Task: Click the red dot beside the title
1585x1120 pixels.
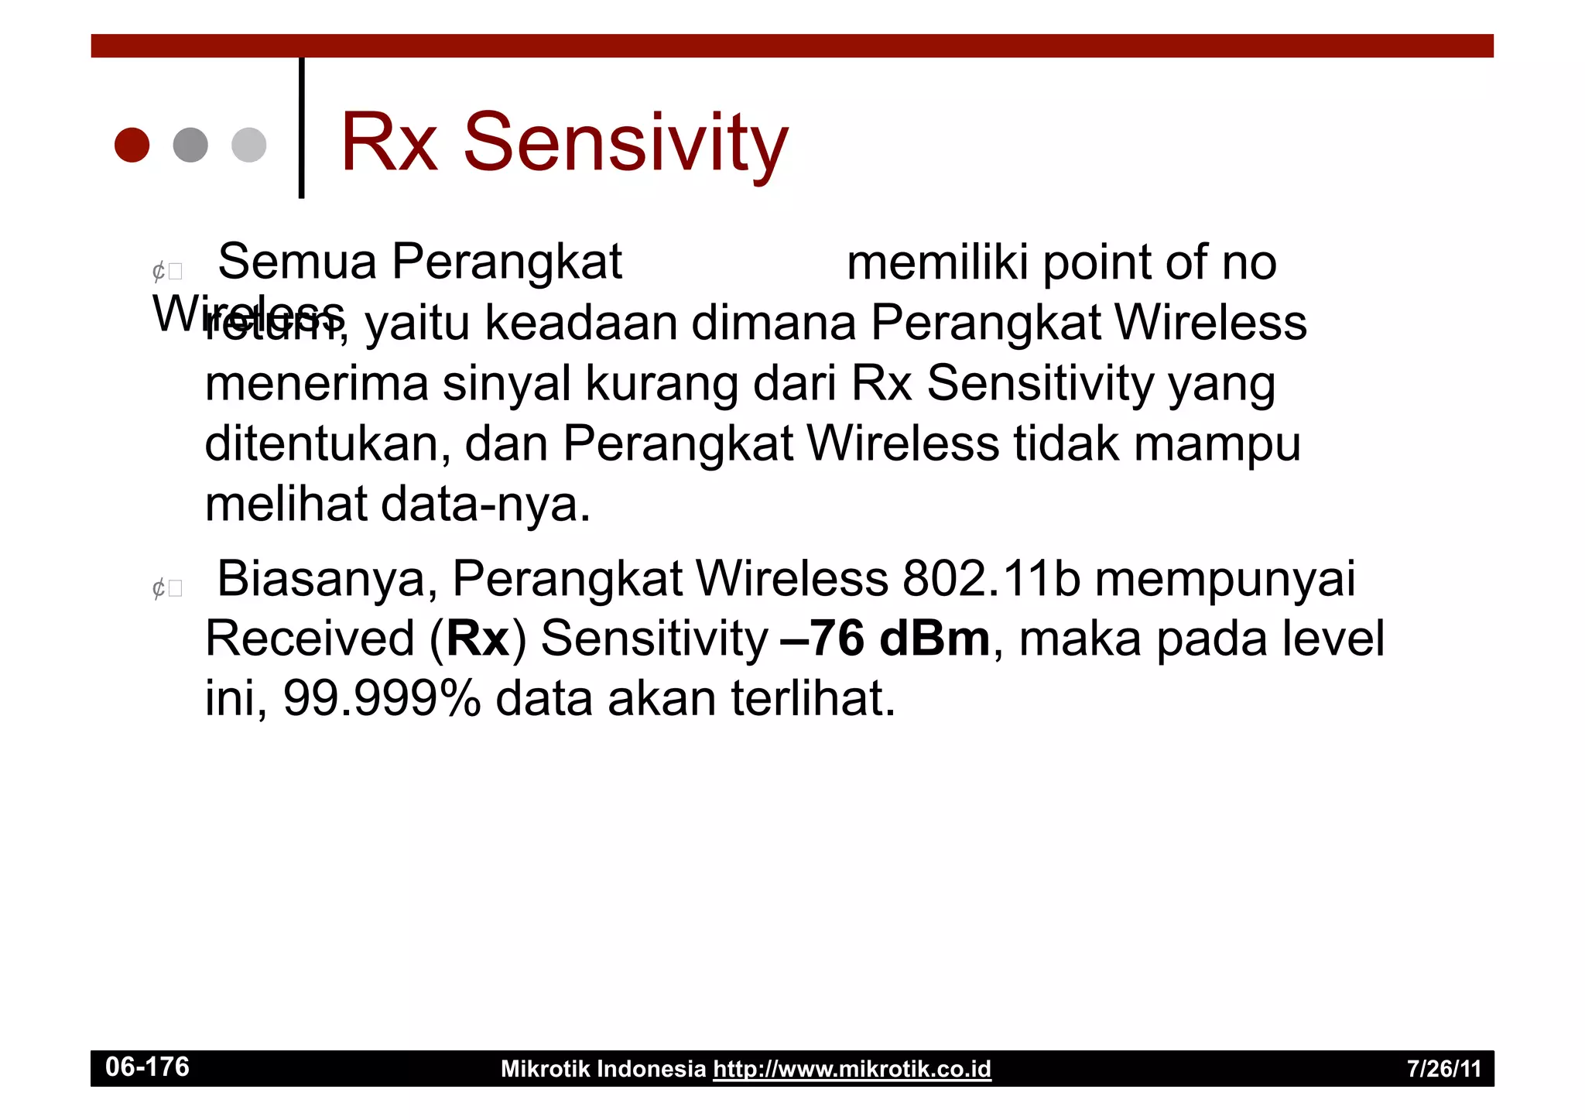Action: (x=132, y=145)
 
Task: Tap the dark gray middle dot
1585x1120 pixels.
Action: (x=190, y=145)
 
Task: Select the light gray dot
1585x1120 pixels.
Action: (x=248, y=145)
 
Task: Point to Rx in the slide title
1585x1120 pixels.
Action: (x=389, y=142)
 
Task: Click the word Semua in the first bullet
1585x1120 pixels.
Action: (x=297, y=262)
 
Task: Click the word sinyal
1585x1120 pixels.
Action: (x=506, y=383)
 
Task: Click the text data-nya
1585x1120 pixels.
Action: (x=486, y=505)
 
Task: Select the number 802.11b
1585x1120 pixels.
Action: (x=991, y=578)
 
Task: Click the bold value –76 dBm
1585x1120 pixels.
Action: (x=885, y=639)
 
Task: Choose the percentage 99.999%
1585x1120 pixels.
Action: (x=382, y=698)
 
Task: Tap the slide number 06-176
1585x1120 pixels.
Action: (x=147, y=1067)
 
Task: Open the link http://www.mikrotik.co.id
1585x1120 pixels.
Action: (x=851, y=1069)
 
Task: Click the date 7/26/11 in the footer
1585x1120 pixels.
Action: (x=1443, y=1069)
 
